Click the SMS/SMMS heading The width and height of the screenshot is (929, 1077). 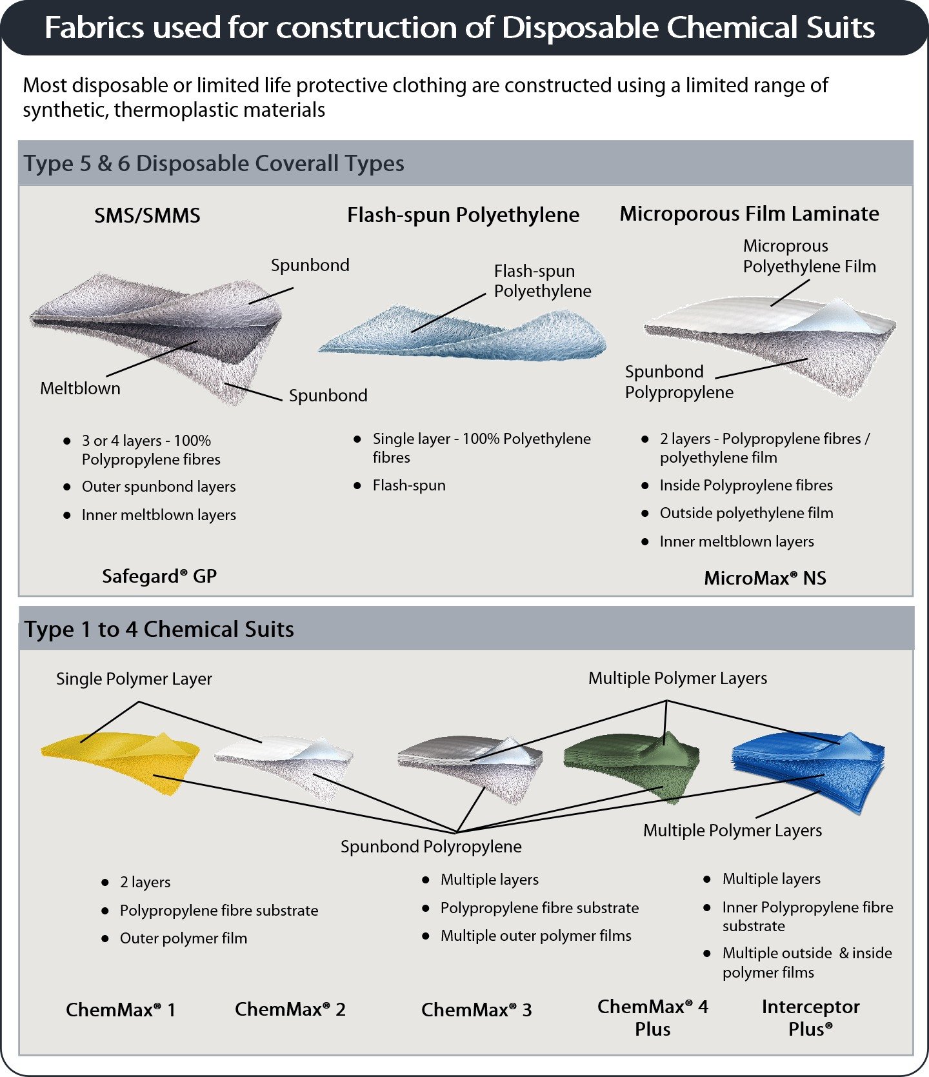[x=147, y=216]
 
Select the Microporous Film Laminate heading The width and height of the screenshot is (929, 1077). [x=749, y=214]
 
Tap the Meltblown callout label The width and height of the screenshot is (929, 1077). [x=80, y=388]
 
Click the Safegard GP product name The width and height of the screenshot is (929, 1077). [x=159, y=576]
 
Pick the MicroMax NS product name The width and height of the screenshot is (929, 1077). [x=764, y=578]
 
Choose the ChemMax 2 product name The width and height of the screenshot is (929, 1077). [x=290, y=1009]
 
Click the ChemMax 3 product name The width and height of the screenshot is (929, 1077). [x=476, y=1010]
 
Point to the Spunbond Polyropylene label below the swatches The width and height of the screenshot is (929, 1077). [x=431, y=847]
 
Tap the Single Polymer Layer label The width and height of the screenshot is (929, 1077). [x=134, y=679]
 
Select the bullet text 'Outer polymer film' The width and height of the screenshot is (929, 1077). [x=183, y=938]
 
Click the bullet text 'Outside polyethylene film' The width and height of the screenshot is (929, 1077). [x=746, y=513]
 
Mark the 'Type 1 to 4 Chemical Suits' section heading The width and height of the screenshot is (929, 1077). [x=159, y=629]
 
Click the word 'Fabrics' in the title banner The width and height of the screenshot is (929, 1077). [x=94, y=28]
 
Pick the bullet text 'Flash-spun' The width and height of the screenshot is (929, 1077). [x=409, y=485]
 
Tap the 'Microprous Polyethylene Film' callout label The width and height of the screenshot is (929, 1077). [x=809, y=256]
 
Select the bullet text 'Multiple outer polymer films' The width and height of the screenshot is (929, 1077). [x=535, y=936]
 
